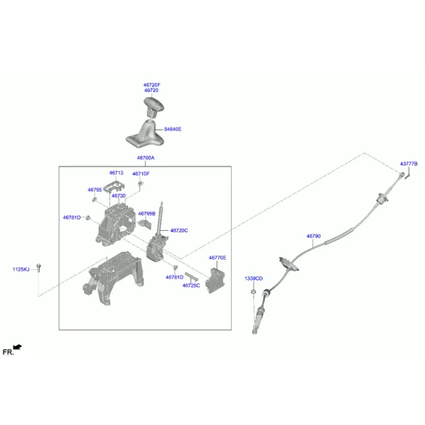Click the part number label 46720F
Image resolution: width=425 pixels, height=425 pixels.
click(x=152, y=85)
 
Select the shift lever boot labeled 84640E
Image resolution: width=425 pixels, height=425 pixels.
click(x=145, y=134)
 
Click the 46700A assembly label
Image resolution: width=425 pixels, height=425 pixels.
click(x=145, y=158)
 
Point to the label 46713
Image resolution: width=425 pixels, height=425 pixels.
click(x=116, y=173)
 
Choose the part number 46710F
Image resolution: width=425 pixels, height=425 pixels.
click(x=141, y=174)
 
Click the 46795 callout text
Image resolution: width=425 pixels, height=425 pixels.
click(x=95, y=190)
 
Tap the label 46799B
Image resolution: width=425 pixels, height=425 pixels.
click(x=147, y=214)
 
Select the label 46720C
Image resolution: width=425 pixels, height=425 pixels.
click(x=179, y=230)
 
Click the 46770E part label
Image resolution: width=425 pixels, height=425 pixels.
click(x=217, y=258)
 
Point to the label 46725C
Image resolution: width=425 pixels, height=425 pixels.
click(x=191, y=285)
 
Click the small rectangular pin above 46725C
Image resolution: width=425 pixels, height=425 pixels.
click(x=191, y=277)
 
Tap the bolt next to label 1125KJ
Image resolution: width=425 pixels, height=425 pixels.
click(x=39, y=268)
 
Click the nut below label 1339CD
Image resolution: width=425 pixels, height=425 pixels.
click(x=253, y=292)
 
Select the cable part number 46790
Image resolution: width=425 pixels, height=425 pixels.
click(x=314, y=236)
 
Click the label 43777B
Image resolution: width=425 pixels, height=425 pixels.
click(x=409, y=164)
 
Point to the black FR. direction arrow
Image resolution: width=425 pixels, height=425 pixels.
click(x=18, y=347)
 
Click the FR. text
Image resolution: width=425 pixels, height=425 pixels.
click(x=8, y=352)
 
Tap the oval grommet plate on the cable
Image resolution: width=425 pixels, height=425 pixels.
click(x=289, y=264)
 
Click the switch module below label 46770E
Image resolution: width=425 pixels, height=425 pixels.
click(x=215, y=280)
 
